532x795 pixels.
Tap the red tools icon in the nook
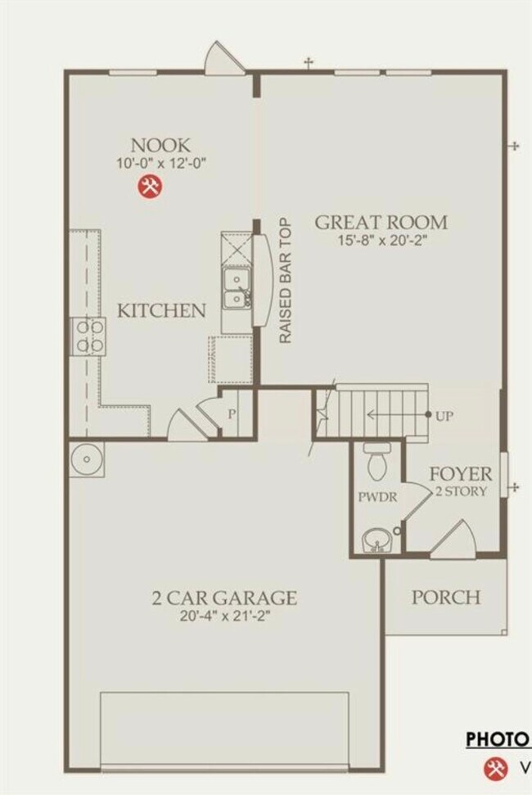click(x=150, y=187)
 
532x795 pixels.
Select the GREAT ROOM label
click(x=381, y=222)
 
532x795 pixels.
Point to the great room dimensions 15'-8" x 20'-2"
click(x=381, y=242)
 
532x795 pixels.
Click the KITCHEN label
click(x=161, y=311)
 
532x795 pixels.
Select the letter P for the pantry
click(x=232, y=414)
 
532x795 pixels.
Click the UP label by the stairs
click(x=444, y=416)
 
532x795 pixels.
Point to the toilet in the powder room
click(x=377, y=463)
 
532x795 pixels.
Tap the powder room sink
click(x=376, y=540)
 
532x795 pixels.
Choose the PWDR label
click(x=373, y=497)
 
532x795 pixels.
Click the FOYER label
click(x=462, y=474)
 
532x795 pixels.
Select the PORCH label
click(x=445, y=597)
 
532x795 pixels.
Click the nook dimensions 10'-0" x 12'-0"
click(x=160, y=164)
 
